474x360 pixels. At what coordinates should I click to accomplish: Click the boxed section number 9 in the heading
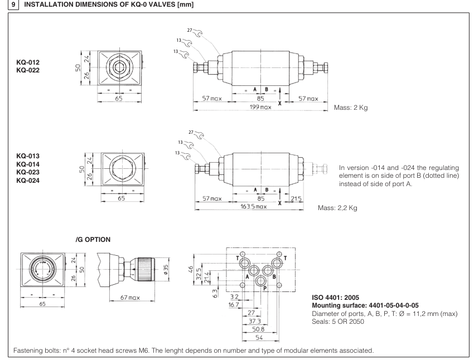pyautogui.click(x=6, y=6)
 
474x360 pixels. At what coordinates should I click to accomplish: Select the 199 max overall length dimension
pyautogui.click(x=259, y=106)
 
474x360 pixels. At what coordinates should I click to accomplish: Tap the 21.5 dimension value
pyautogui.click(x=296, y=198)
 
